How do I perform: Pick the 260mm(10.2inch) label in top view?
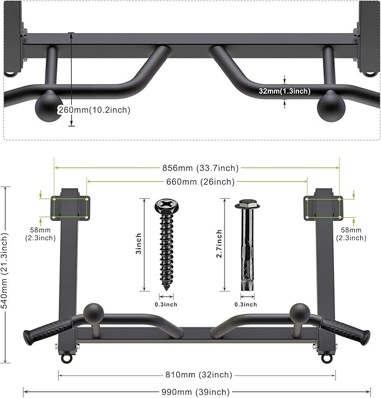94,110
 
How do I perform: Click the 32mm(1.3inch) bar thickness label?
284,91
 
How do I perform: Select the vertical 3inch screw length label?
139,245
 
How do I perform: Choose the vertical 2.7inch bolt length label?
219,245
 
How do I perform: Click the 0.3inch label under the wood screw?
166,304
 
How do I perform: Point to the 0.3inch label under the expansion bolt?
246,304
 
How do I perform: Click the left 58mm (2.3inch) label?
40,234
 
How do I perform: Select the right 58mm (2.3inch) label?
355,234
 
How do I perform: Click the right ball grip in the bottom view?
300,312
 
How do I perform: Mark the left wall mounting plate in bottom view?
70,208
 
